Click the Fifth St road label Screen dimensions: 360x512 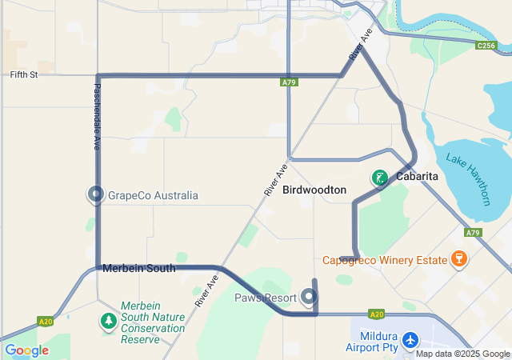pos(24,75)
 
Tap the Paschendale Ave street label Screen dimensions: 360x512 pos(97,116)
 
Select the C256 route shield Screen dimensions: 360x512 pos(485,46)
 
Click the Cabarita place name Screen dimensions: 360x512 pos(415,177)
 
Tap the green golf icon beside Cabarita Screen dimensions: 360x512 pos(379,177)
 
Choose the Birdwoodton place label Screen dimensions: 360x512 pos(314,190)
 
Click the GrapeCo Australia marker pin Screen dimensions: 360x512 pos(96,194)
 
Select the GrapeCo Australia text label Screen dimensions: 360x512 pos(153,195)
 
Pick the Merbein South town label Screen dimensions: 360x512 pos(138,269)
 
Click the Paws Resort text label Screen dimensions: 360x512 pos(265,298)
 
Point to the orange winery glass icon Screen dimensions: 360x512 pos(458,258)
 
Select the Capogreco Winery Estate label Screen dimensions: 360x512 pos(385,260)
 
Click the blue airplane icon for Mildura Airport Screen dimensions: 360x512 pos(411,341)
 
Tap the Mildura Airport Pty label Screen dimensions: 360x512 pos(372,342)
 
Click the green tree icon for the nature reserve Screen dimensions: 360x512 pos(108,321)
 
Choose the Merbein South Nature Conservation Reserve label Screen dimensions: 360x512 pos(153,322)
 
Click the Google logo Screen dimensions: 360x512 pos(26,350)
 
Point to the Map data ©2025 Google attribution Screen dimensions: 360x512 pos(462,354)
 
